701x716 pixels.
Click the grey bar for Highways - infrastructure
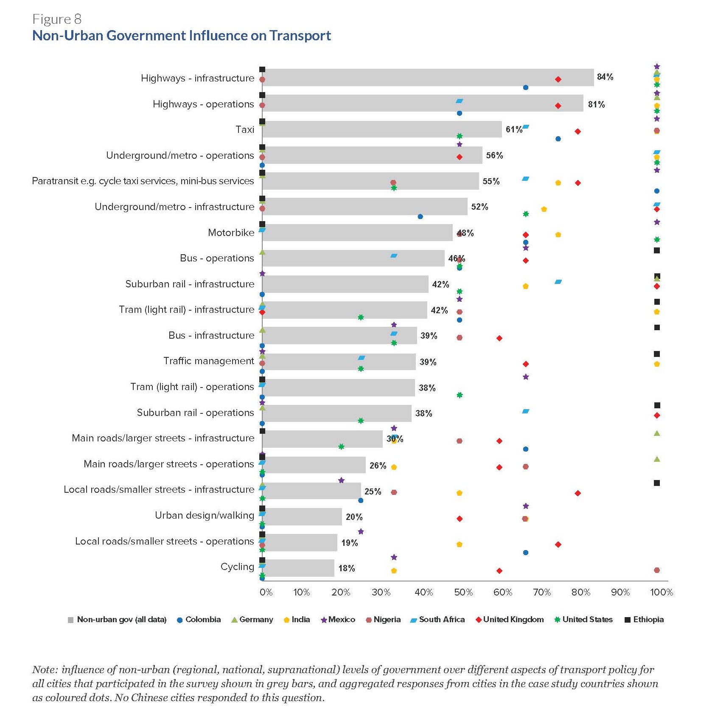coord(428,78)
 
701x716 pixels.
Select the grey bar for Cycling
coord(298,568)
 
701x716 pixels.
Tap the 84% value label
coord(605,77)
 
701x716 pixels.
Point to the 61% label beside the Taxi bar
coord(513,129)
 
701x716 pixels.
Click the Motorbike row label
coord(231,233)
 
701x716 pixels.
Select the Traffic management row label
coord(208,361)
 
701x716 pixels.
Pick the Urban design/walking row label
coord(204,515)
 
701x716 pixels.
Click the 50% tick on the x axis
coord(463,592)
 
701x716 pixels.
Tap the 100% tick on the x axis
coord(661,592)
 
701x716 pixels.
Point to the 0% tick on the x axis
coord(266,592)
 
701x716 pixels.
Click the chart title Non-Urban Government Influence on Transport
coord(182,35)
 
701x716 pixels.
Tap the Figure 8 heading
coord(57,19)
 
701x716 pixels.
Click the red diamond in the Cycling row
coord(499,571)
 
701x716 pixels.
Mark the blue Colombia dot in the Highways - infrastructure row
coord(525,87)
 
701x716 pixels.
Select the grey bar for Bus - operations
coord(353,258)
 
